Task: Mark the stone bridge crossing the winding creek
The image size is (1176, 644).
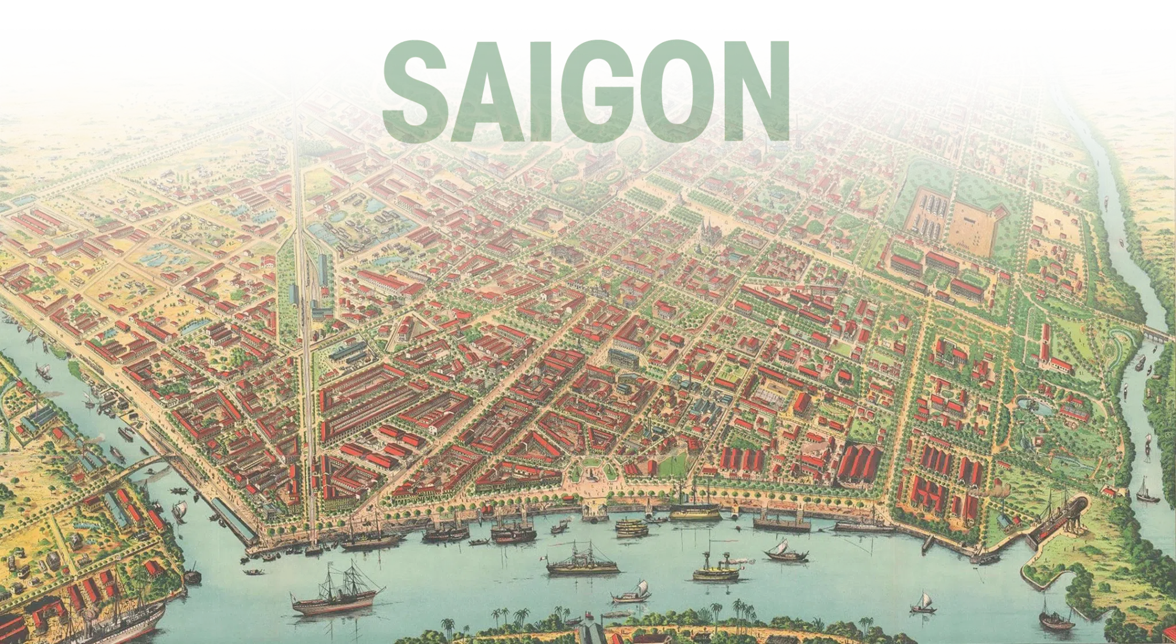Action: [1157, 334]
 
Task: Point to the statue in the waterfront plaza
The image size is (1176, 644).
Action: [591, 475]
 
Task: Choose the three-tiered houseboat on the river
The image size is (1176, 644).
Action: [631, 526]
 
